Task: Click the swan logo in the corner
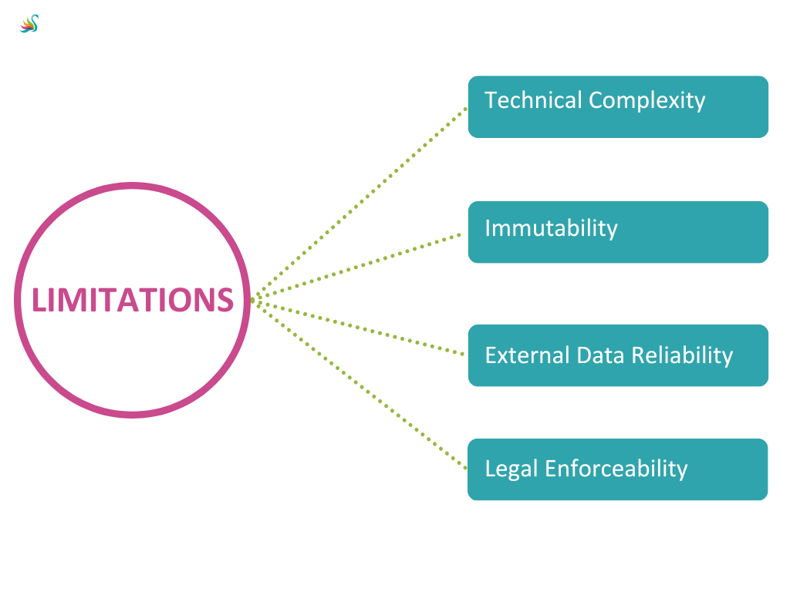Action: [29, 24]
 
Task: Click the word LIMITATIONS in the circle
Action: [132, 300]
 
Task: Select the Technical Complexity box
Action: [617, 107]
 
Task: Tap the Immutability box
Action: [617, 232]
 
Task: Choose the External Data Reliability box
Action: [617, 355]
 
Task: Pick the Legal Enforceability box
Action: [617, 469]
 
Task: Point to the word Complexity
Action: [647, 101]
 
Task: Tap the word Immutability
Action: [551, 228]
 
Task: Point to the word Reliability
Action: [681, 355]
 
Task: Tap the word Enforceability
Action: [616, 469]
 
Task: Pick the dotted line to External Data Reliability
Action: [360, 327]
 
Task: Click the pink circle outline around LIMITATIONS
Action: [132, 185]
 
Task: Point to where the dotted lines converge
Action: [254, 299]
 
